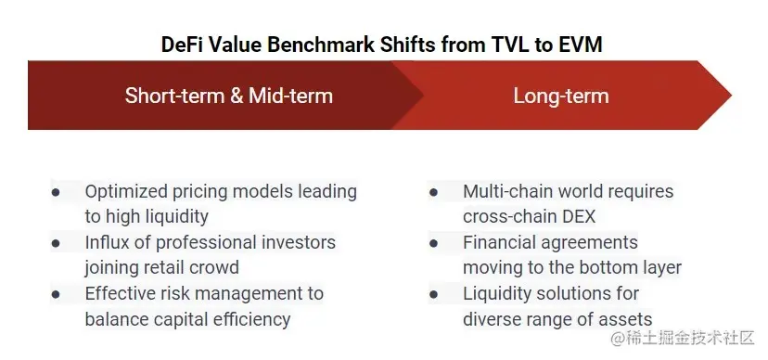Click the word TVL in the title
tap(508, 45)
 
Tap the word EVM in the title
tap(581, 45)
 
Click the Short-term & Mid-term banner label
tap(229, 95)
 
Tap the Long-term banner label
tap(561, 96)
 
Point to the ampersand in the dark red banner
tap(237, 96)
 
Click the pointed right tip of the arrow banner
tap(731, 95)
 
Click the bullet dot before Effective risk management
tap(56, 294)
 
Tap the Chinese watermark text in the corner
tap(682, 339)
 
